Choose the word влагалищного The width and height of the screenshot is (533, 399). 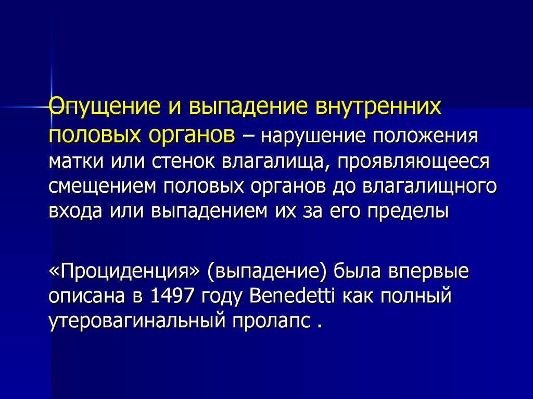(429, 187)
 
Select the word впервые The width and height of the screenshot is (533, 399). (429, 272)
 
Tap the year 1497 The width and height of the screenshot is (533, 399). (171, 296)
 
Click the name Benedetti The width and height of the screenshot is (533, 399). (292, 296)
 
